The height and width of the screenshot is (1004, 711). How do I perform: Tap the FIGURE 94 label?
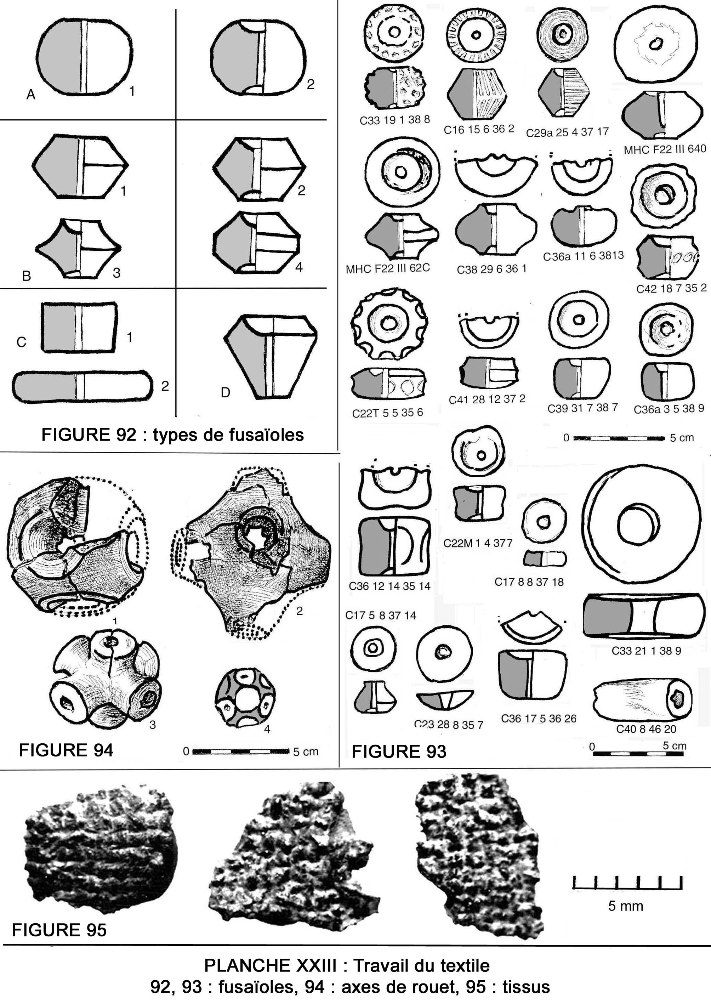[x=66, y=750]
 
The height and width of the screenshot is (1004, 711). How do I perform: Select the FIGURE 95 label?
[x=59, y=930]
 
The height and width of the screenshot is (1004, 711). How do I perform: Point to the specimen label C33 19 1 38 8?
[x=394, y=120]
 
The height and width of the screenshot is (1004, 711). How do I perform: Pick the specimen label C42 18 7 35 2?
[x=671, y=289]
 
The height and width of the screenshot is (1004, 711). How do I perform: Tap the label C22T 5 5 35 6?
[x=387, y=413]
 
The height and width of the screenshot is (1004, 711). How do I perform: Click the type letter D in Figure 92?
[x=225, y=392]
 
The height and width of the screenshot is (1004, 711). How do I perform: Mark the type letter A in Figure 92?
[x=31, y=94]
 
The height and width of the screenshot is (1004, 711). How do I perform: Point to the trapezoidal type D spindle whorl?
[x=271, y=357]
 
